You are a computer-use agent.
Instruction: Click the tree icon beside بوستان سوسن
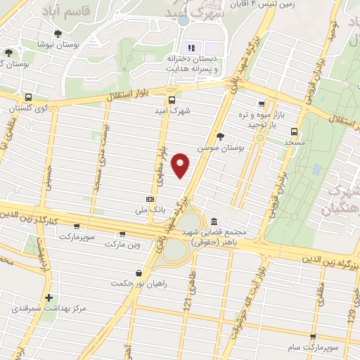point(221,136)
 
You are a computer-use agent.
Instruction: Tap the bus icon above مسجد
point(294,130)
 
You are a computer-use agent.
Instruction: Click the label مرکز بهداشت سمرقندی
point(46,309)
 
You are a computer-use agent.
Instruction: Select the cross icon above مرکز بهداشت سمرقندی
point(49,297)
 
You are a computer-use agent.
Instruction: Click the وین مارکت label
point(123,245)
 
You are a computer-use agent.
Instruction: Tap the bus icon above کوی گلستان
point(27,98)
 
